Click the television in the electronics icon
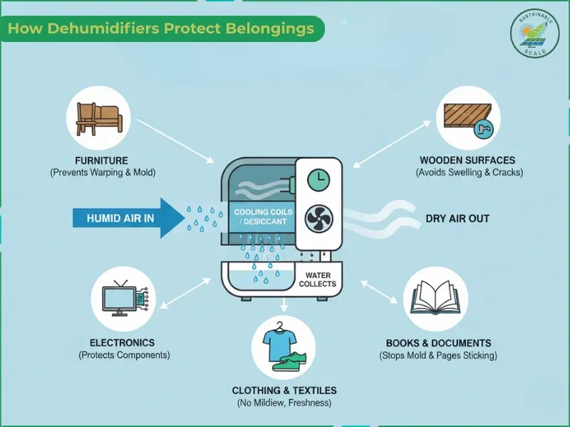(x=120, y=300)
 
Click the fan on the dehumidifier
(x=320, y=218)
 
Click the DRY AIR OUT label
(x=457, y=218)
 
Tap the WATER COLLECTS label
(x=317, y=280)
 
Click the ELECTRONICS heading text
(x=122, y=342)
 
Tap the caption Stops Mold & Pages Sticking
(x=438, y=355)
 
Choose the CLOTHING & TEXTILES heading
(x=284, y=391)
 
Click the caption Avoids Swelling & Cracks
(x=468, y=173)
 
